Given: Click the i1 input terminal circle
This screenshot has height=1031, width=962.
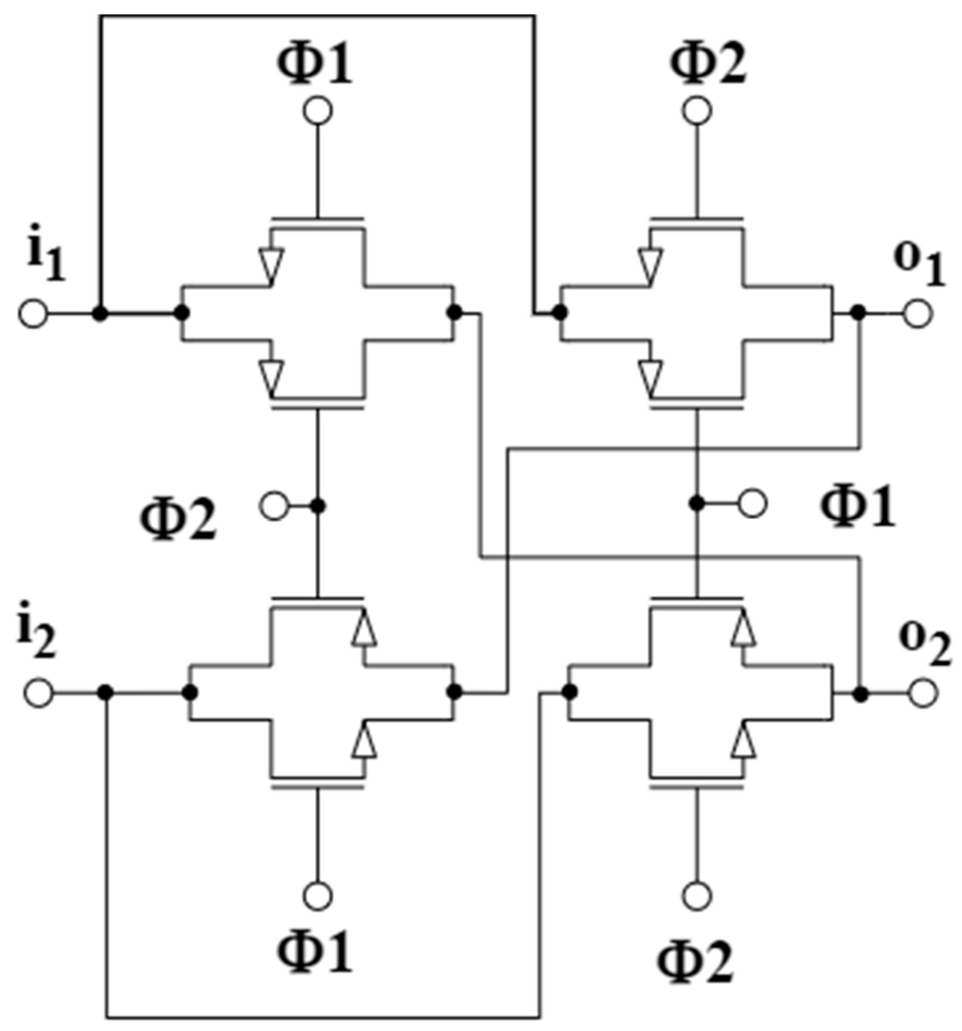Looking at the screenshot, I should [33, 314].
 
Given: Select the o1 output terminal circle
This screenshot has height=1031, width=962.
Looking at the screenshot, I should [918, 313].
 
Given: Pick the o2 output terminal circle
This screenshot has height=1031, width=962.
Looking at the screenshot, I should [923, 693].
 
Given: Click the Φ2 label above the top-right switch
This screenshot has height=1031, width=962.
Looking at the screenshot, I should [708, 65].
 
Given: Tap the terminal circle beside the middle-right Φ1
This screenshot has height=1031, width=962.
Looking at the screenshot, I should [752, 504].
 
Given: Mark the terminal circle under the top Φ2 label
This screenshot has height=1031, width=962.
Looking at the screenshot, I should [697, 111].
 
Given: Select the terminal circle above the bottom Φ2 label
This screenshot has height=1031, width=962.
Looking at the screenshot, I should [697, 895].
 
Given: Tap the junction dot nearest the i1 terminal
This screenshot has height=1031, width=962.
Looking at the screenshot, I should [100, 314].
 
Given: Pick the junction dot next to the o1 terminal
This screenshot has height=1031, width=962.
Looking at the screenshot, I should [859, 313].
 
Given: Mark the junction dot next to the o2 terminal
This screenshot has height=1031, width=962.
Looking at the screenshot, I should [861, 693].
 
